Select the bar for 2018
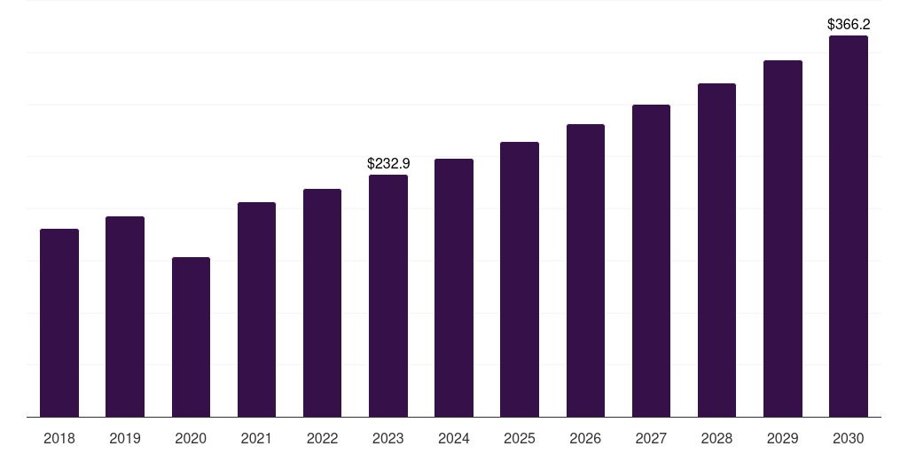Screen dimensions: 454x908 click(x=59, y=323)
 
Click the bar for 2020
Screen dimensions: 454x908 click(x=191, y=337)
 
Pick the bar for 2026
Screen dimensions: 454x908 click(x=585, y=270)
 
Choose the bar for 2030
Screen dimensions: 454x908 click(x=849, y=226)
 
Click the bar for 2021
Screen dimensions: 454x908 click(x=256, y=309)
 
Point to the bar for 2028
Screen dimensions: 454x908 click(x=716, y=250)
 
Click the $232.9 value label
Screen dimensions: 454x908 click(x=388, y=164)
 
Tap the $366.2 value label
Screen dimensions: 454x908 click(x=849, y=25)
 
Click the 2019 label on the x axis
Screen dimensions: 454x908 click(x=125, y=438)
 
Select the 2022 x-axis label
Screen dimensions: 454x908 click(x=322, y=438)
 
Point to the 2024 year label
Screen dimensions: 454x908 click(x=454, y=438)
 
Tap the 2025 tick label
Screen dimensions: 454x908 click(x=520, y=438)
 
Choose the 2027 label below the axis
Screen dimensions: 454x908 click(x=651, y=438)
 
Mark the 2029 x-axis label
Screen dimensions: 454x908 click(x=782, y=438)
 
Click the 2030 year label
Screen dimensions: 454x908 click(x=849, y=438)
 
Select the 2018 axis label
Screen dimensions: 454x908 click(x=59, y=438)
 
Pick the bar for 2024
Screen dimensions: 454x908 click(x=454, y=287)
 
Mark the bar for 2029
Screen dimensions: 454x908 click(x=782, y=239)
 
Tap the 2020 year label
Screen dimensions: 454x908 click(x=191, y=438)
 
